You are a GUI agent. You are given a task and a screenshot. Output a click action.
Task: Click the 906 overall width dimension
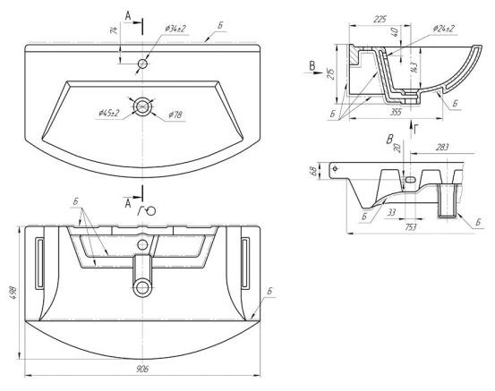tap(142, 369)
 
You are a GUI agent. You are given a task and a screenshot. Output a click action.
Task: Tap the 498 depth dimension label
tap(15, 293)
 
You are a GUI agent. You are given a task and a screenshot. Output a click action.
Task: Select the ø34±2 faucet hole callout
tap(175, 29)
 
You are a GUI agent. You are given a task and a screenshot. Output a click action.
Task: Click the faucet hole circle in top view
tap(142, 64)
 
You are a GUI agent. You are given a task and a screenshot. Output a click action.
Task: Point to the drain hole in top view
tap(142, 106)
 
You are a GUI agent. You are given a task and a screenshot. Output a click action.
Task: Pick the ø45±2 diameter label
tap(108, 114)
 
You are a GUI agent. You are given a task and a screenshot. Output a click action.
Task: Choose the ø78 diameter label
tap(175, 115)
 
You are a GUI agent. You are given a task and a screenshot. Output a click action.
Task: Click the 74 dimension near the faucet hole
tap(114, 30)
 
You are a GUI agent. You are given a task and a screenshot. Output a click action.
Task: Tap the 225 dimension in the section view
tap(380, 20)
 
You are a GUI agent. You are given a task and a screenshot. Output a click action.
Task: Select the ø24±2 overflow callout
tap(444, 29)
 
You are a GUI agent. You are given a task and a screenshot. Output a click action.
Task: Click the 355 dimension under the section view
tap(396, 112)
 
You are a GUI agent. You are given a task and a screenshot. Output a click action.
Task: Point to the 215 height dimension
tap(331, 74)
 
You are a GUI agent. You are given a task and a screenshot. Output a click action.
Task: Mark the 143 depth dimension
tap(414, 67)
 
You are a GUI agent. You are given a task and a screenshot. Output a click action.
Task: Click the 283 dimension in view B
tap(442, 148)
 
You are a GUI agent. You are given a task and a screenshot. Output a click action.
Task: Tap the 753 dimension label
tap(411, 227)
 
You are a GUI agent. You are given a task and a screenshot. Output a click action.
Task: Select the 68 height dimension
tap(313, 172)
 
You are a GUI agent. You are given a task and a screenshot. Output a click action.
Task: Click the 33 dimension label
tap(391, 212)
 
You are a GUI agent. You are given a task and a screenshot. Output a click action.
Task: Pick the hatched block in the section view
tap(354, 55)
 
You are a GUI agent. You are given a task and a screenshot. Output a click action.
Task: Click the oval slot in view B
tap(410, 180)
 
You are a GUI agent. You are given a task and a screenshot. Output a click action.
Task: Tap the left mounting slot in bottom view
tap(39, 262)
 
